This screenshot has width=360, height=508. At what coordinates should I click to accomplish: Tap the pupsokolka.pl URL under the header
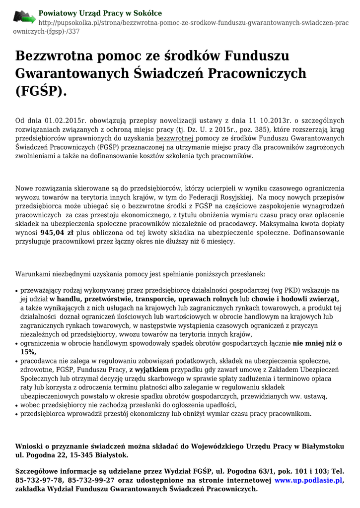194,23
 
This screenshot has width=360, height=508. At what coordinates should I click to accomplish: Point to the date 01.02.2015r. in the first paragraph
66,121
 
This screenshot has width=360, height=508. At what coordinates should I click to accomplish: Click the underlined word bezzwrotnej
176,138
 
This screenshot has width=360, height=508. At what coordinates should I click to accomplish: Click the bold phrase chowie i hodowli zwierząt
295,299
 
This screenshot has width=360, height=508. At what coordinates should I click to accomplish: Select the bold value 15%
28,352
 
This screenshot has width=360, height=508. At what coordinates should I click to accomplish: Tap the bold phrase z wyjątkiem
149,370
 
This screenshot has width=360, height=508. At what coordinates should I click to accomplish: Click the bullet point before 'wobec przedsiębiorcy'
17,405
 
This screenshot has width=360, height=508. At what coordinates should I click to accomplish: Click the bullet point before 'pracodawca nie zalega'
17,361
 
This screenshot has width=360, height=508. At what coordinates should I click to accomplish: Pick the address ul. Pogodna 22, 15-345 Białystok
72,454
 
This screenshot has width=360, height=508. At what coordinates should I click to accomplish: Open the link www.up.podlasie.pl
308,480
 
